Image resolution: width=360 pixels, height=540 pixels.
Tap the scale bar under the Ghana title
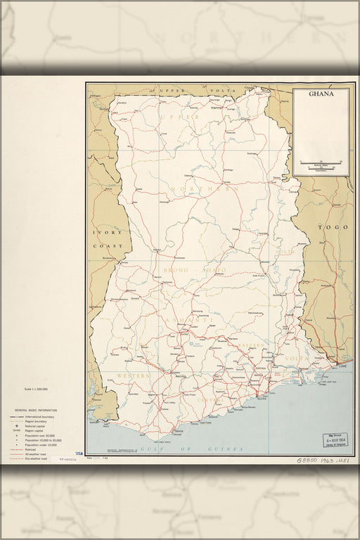(x=320, y=163)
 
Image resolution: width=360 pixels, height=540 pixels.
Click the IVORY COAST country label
(x=104, y=238)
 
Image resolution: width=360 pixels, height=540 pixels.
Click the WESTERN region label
(x=134, y=377)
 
